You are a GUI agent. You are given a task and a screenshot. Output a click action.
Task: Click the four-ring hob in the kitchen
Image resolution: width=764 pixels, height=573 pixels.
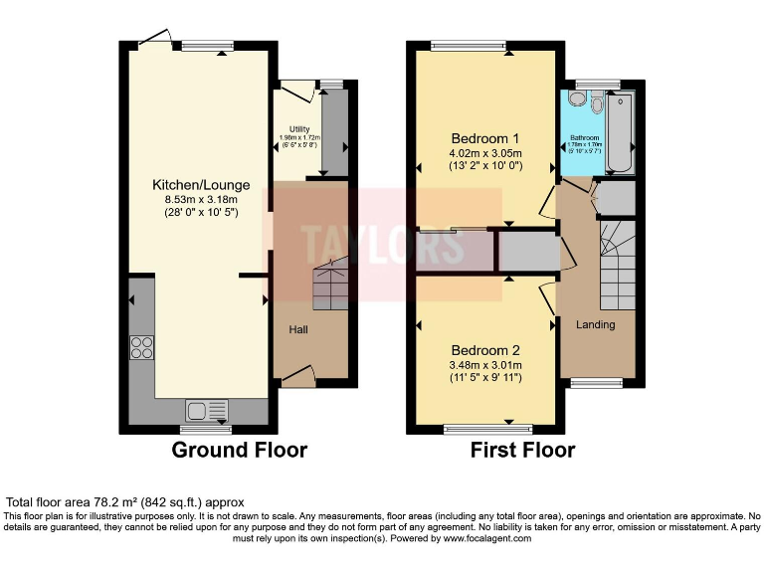click(141, 347)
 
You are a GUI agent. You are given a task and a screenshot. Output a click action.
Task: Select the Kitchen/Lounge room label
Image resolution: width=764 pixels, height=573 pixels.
click(201, 185)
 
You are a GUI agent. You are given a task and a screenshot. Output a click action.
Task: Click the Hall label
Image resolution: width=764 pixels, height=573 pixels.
click(298, 329)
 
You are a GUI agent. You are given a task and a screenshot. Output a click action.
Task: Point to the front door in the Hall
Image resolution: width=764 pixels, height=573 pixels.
click(297, 375)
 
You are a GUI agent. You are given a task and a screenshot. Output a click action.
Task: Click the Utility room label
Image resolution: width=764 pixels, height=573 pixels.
click(299, 129)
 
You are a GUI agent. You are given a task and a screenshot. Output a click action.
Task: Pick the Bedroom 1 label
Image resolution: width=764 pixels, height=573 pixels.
click(485, 137)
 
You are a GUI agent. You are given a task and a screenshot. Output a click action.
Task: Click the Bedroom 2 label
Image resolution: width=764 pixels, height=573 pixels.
click(485, 350)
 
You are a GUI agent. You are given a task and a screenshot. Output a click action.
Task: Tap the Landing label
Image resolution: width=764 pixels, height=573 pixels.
click(595, 324)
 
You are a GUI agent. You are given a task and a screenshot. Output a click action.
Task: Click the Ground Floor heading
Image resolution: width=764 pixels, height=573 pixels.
click(240, 450)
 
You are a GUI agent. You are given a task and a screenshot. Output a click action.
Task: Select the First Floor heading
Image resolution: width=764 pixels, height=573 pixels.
click(522, 450)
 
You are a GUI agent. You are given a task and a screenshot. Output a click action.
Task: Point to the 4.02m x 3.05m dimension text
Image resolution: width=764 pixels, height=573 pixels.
click(485, 153)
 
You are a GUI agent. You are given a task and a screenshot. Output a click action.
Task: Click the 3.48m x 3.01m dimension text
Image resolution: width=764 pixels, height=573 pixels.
click(485, 365)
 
